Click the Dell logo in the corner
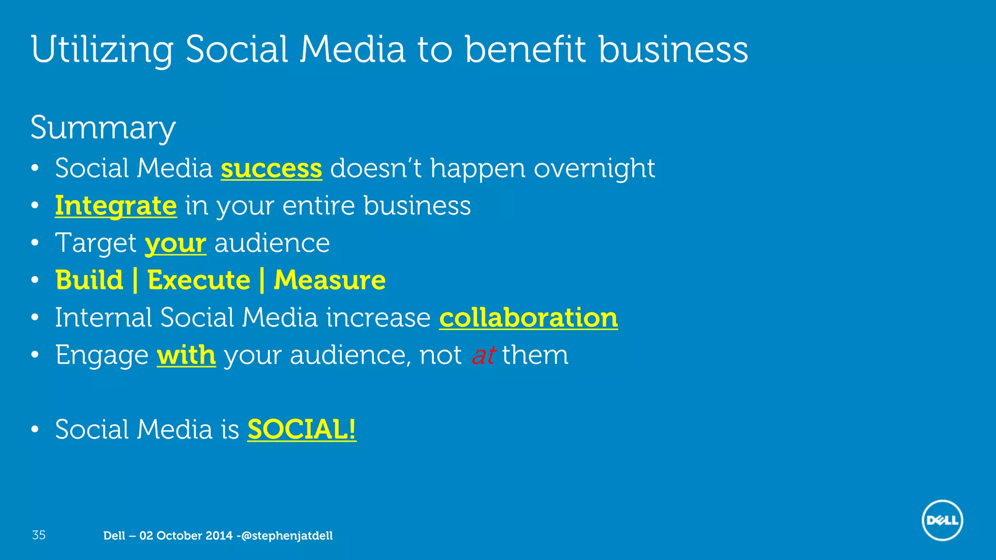[942, 520]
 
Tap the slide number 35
[39, 535]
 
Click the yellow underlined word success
[271, 168]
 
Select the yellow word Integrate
[116, 206]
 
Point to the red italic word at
[483, 355]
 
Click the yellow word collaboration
[528, 318]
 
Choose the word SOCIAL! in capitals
[302, 430]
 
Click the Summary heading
[103, 127]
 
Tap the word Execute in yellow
[198, 280]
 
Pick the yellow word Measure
[330, 280]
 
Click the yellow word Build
[89, 280]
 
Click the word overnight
[594, 169]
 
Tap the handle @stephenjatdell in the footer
[287, 536]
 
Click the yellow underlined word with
[186, 355]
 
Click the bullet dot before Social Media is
[35, 430]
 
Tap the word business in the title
[673, 50]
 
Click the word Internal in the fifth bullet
[104, 318]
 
